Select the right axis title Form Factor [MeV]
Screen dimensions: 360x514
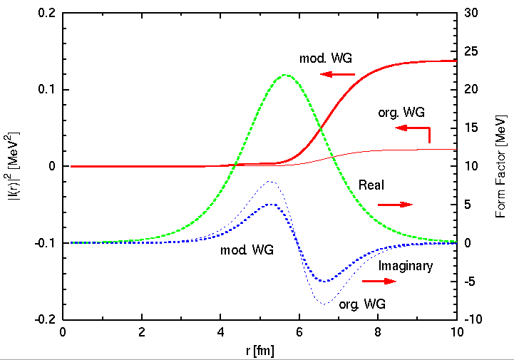tap(500, 166)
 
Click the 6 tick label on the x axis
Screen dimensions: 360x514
tap(299, 331)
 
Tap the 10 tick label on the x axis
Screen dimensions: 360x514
tap(456, 331)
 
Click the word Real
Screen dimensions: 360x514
tap(371, 185)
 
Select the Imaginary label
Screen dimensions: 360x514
tap(405, 266)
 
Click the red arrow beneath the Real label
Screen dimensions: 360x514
tap(395, 205)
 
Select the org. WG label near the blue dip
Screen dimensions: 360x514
tap(363, 304)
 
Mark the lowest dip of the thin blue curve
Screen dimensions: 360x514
tap(324, 304)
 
